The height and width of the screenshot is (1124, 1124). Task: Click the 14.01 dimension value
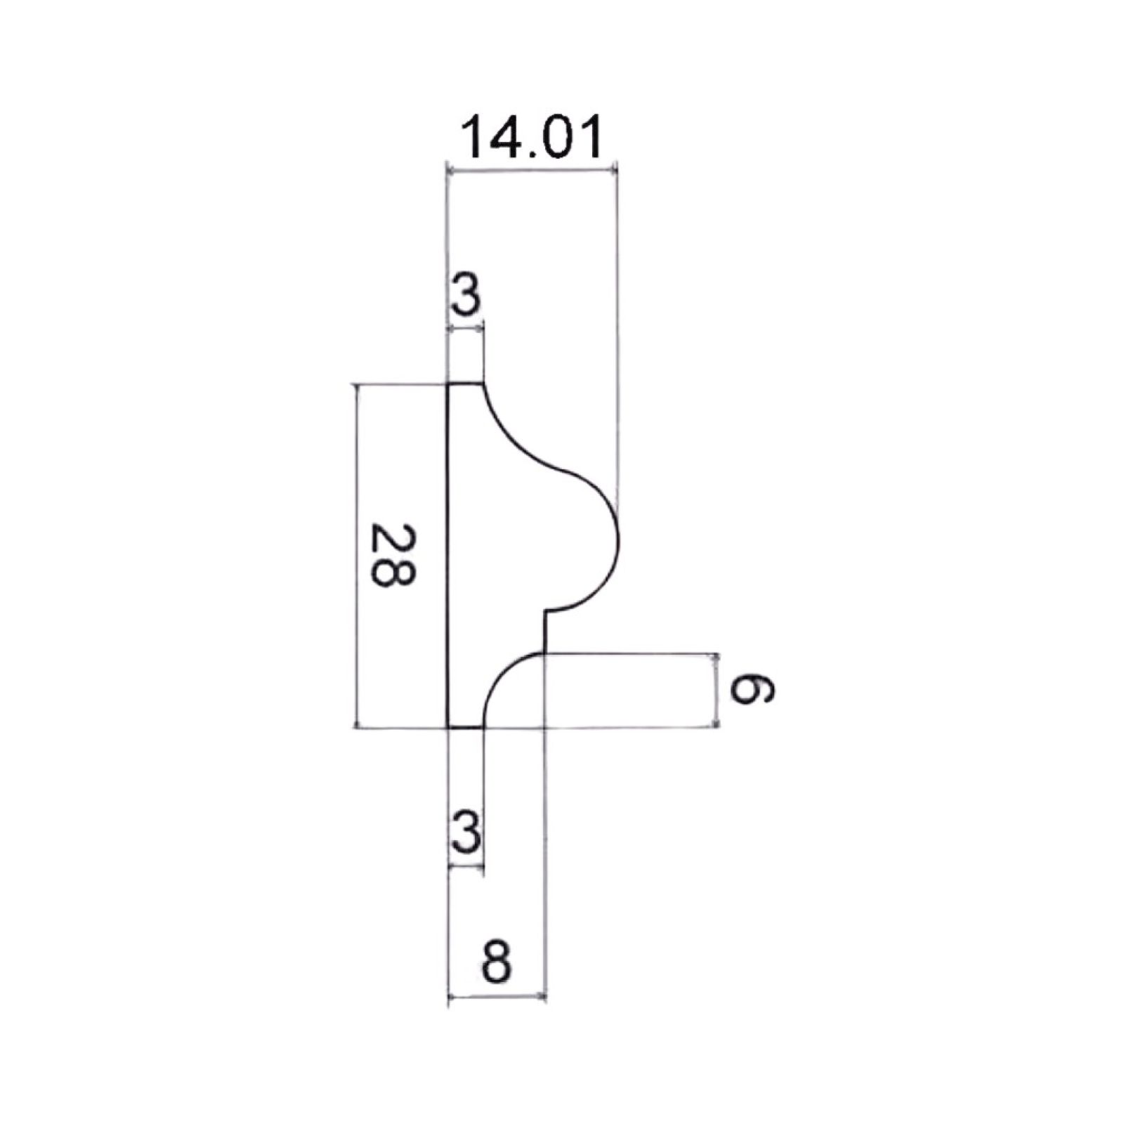coord(532,138)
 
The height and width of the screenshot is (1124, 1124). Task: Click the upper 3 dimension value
coord(464,296)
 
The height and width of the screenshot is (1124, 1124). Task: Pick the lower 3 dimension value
coord(466,831)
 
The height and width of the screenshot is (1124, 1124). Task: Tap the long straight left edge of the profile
coord(449,555)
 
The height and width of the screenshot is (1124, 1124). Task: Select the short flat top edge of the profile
coord(466,384)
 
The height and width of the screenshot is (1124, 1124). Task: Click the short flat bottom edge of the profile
coord(466,728)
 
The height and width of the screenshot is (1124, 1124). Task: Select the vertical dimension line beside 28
coord(358,555)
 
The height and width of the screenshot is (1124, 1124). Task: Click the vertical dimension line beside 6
coord(717,690)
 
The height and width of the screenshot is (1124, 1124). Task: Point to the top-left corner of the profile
coord(449,384)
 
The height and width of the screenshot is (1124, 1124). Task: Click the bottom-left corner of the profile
coord(449,728)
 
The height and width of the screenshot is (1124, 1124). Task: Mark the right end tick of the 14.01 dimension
coord(616,169)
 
